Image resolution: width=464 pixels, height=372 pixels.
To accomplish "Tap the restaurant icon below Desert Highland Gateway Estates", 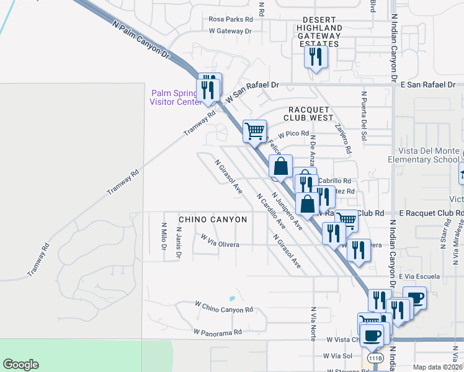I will [316, 58].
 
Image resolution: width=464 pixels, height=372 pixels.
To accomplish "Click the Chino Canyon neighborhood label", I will [213, 219].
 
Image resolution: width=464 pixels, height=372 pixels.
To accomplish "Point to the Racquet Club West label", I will [308, 113].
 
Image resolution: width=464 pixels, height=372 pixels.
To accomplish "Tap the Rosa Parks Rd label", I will [231, 19].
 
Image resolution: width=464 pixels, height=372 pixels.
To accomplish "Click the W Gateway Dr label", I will [230, 30].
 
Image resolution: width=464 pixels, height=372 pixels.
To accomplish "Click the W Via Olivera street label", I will [220, 241].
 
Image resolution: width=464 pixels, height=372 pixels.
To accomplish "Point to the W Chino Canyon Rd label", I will [224, 307].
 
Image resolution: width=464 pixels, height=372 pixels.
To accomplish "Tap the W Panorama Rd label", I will [217, 332].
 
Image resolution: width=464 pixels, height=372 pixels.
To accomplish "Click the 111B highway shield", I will [375, 358].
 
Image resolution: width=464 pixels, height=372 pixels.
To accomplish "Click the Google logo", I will [20, 365].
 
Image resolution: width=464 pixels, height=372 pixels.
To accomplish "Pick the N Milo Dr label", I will [164, 237].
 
